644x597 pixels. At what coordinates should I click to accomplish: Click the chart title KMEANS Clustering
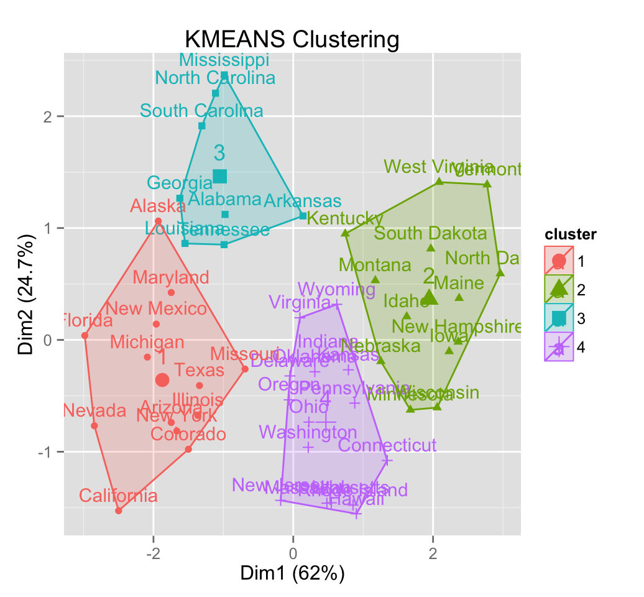[292, 40]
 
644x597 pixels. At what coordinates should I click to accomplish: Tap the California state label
[118, 496]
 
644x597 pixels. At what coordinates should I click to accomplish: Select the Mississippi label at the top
[224, 60]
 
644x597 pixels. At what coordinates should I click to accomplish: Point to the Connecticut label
[387, 445]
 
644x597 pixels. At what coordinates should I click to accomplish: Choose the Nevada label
[95, 410]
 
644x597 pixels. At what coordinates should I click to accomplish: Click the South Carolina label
[201, 111]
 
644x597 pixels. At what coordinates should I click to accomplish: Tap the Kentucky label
[345, 218]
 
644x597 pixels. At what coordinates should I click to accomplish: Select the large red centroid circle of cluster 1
[162, 380]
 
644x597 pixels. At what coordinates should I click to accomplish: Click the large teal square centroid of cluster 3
[219, 177]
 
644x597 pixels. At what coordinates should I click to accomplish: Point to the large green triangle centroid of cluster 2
[430, 297]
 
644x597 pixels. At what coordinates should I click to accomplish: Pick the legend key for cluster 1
[559, 261]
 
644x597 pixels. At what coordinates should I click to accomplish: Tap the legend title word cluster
[571, 234]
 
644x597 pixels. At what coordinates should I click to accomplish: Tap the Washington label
[308, 432]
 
